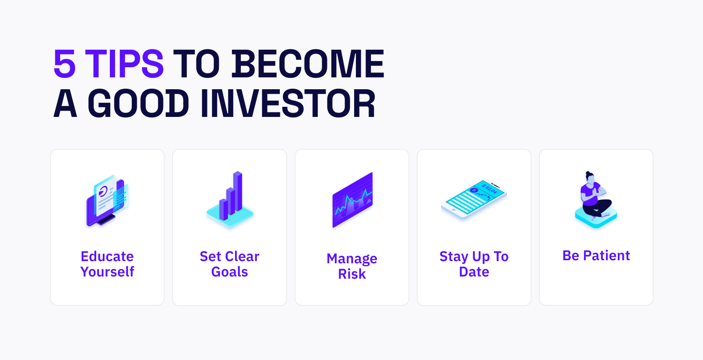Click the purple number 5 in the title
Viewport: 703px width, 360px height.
tap(65, 64)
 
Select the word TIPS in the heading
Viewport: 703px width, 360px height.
tap(124, 64)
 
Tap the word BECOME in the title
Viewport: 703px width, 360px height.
tap(308, 64)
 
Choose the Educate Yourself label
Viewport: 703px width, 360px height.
tap(107, 264)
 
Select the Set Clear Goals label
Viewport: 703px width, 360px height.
tap(229, 264)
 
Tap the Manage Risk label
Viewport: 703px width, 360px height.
tap(352, 266)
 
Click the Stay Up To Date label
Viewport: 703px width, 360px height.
tap(474, 264)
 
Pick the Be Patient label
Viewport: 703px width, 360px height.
tap(596, 255)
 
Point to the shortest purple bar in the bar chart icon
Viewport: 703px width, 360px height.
tap(224, 209)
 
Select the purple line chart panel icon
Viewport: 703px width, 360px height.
tap(352, 200)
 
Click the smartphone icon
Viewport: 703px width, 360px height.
tap(474, 199)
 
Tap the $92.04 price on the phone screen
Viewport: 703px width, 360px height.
tap(489, 189)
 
